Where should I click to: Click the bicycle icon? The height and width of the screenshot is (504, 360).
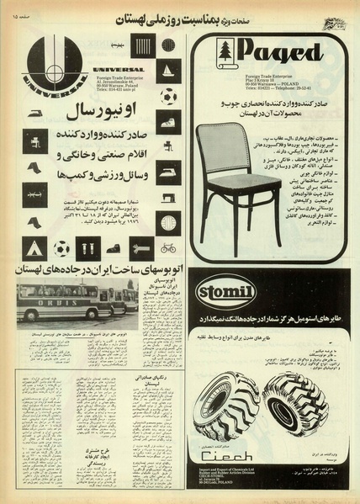point(169,248)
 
